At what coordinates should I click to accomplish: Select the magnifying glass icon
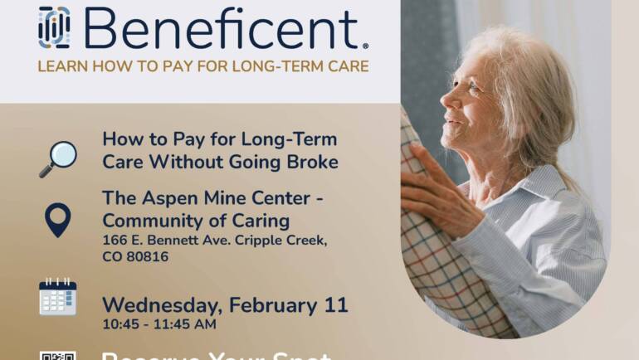[x=57, y=158]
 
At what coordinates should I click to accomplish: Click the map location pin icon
[x=57, y=221]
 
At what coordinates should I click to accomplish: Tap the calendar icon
[x=57, y=297]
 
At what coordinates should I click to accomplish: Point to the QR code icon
[x=57, y=355]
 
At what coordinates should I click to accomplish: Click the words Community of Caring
[x=196, y=221]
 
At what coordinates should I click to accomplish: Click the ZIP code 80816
[x=146, y=256]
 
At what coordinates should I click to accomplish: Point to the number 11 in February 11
[x=335, y=304]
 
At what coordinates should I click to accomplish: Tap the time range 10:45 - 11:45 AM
[x=159, y=324]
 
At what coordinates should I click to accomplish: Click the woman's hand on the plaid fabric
[x=432, y=187]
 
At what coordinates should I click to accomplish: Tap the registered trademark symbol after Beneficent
[x=365, y=46]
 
